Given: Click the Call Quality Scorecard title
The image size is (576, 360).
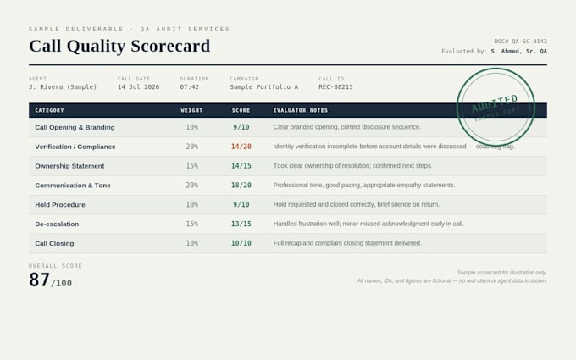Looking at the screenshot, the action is click(119, 47).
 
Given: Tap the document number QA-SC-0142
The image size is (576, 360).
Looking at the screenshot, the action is click(529, 42).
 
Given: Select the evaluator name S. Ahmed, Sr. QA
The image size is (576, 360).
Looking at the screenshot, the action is click(518, 51).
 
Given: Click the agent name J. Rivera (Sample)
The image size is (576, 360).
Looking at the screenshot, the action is click(63, 87).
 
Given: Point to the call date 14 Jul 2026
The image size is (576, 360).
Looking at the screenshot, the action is click(138, 87).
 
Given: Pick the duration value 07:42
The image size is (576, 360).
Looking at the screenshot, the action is click(189, 87).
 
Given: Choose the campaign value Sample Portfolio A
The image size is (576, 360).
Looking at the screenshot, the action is click(264, 87).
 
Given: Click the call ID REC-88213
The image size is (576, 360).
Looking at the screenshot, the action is click(335, 87).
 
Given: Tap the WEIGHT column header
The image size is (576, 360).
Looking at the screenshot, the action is click(191, 110).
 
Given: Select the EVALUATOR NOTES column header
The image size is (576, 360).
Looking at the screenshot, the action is click(301, 110).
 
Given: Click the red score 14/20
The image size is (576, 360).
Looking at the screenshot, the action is click(241, 147).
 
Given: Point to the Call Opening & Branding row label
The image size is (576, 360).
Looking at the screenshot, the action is click(75, 127).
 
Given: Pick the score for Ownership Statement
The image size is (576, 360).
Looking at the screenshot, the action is click(241, 166).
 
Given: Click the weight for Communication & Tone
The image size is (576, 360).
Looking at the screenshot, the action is click(191, 186).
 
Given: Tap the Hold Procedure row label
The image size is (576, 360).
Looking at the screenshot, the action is click(60, 205).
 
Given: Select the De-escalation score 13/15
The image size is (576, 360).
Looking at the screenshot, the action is click(241, 224).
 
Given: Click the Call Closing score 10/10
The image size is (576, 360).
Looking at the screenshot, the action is click(241, 243).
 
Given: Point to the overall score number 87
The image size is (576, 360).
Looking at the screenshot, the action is click(39, 280).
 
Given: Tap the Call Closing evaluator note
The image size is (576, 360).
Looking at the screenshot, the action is click(347, 243).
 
